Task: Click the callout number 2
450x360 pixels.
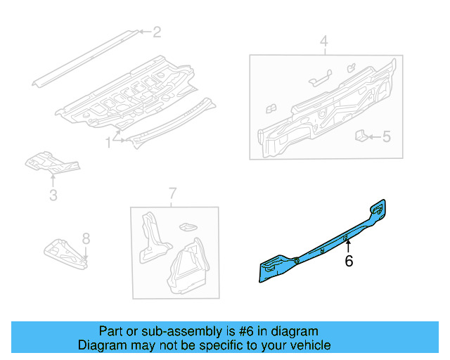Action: pos(157,32)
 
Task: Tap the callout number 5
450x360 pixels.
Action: pos(386,137)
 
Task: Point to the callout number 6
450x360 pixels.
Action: pos(348,262)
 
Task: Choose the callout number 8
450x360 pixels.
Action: pos(86,238)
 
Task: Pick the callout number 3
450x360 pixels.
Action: pos(53,195)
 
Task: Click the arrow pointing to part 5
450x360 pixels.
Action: pos(373,137)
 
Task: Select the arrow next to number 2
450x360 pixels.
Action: pos(143,32)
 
